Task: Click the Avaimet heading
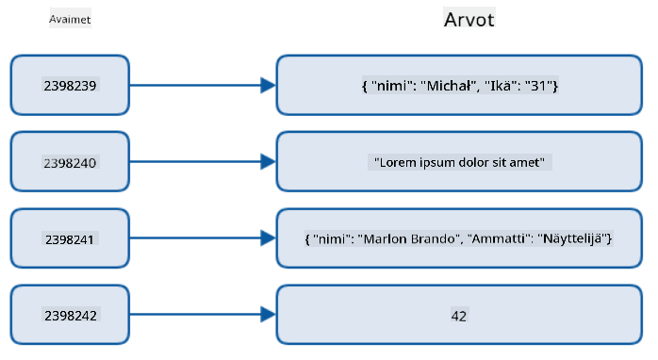70,19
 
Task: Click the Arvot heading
469,20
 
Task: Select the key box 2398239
70,85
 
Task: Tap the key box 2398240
70,162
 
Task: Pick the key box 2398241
70,238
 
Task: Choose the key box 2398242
70,315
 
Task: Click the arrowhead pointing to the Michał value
268,85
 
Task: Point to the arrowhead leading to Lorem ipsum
268,162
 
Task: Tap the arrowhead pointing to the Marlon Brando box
268,238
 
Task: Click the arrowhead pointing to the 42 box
268,315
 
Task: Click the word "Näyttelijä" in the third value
572,238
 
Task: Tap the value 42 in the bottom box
459,316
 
